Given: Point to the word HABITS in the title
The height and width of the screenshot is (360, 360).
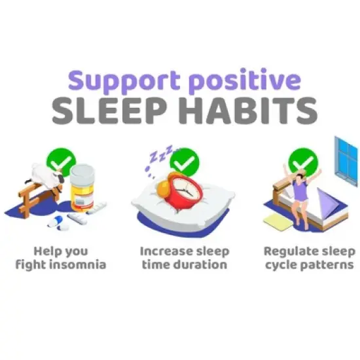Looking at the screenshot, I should tap(245, 111).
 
